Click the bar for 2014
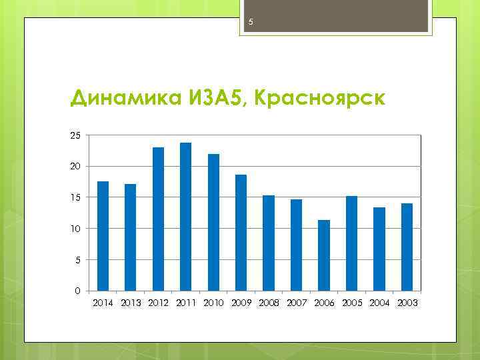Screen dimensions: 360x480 coord(103,236)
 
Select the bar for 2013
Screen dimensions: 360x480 coord(131,237)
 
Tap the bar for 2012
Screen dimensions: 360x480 coord(158,219)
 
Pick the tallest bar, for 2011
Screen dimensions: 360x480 coord(186,217)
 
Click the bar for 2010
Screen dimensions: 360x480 coord(213,222)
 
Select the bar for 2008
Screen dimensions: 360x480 coord(269,243)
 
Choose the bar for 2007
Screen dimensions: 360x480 coord(296,245)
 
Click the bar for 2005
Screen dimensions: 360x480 coord(351,243)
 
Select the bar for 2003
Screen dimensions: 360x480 coord(407,247)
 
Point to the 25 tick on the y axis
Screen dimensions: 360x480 coord(75,135)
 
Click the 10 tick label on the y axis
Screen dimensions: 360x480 coord(75,229)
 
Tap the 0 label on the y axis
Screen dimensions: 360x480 coord(77,291)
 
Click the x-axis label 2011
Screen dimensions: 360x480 coord(186,303)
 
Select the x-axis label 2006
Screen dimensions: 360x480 coord(324,303)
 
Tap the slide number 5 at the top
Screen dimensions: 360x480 coord(251,23)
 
